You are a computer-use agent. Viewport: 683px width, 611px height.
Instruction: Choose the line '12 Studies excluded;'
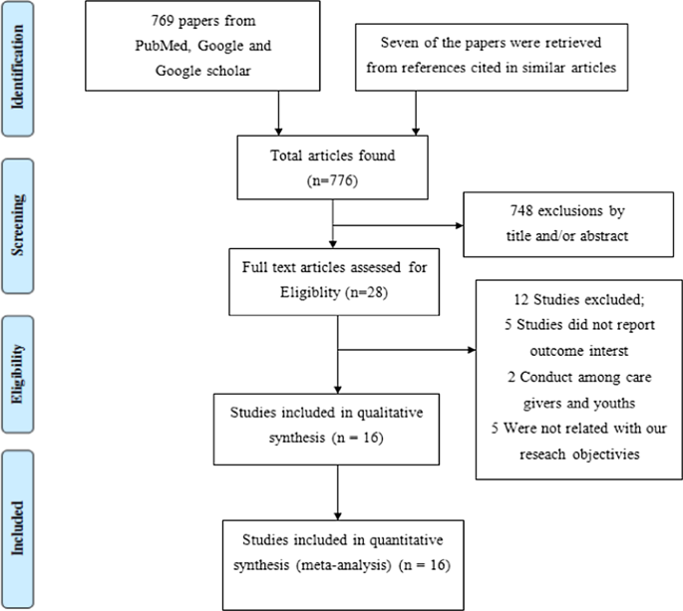(x=568, y=298)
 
